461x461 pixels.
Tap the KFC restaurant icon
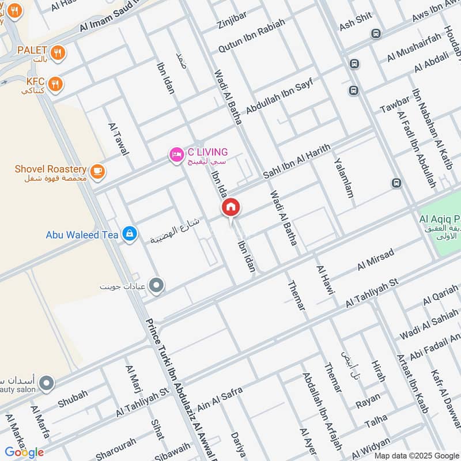(56, 84)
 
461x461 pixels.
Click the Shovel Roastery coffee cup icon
(97, 170)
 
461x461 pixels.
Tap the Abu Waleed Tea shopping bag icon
(130, 234)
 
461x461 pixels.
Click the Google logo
(25, 452)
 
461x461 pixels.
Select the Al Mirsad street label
(375, 259)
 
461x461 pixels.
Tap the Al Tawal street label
(118, 138)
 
